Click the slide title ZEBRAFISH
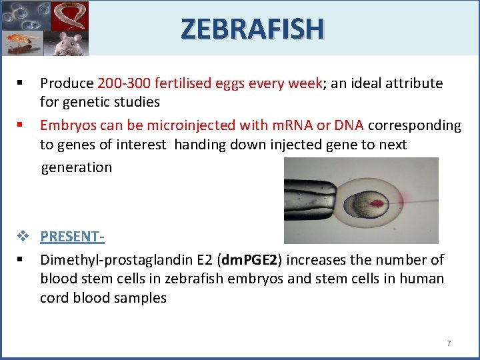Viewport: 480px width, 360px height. pyautogui.click(x=252, y=29)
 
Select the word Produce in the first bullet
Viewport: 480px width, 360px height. pyautogui.click(x=67, y=83)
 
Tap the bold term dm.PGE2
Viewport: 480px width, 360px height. pyautogui.click(x=243, y=259)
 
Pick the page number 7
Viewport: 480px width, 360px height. pyautogui.click(x=448, y=343)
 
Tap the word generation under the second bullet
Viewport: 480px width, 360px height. pyautogui.click(x=77, y=167)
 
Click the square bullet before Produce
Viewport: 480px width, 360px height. pyautogui.click(x=22, y=83)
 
